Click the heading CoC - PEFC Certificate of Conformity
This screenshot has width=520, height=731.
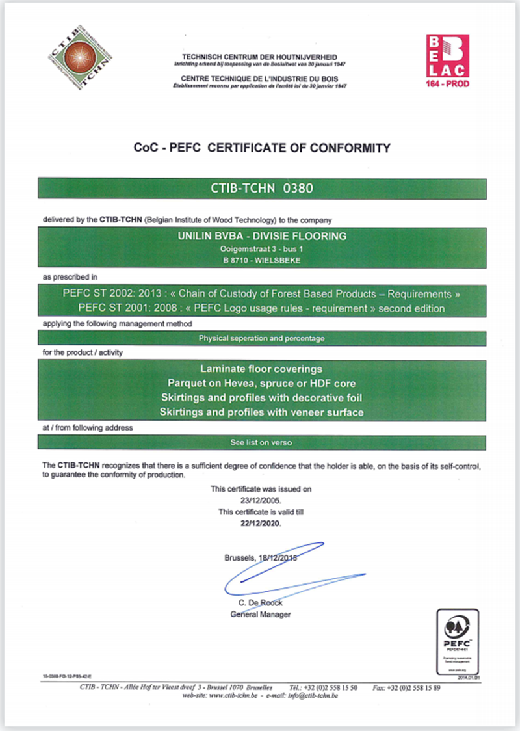[x=262, y=148]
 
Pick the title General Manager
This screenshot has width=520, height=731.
[x=261, y=614]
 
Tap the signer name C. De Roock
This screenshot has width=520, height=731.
[x=261, y=603]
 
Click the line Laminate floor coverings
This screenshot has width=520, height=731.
[x=262, y=369]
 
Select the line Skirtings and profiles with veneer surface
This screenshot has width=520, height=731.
[x=262, y=412]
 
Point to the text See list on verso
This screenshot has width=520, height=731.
[x=261, y=442]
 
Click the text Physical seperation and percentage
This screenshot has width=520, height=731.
[x=261, y=338]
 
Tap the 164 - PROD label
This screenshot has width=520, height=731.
[x=447, y=84]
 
